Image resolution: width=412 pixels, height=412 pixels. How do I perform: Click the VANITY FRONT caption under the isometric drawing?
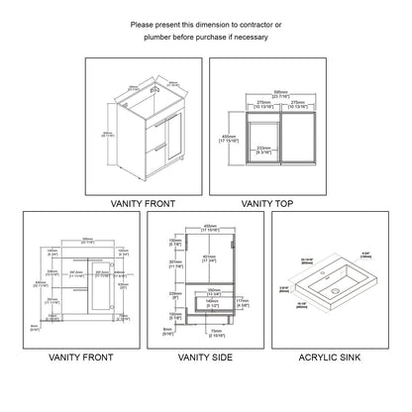point(145,203)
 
